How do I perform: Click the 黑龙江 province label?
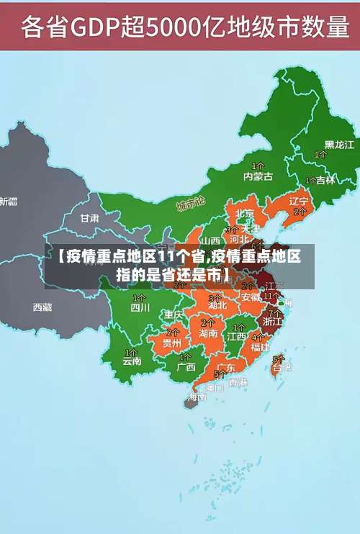pos(339,145)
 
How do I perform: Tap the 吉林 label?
pos(325,180)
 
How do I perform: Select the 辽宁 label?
pos(298,201)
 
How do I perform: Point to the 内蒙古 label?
pos(258,176)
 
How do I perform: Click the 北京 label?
pos(245,213)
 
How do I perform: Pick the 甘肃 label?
pos(90,217)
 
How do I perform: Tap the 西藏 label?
pos(42,307)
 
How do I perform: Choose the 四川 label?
pos(140,307)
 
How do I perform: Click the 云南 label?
pos(132,361)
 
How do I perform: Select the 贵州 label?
pos(171,343)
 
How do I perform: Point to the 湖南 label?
pos(209,333)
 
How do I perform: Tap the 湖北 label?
pos(217,305)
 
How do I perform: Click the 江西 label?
pos(237,336)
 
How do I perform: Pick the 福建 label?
pos(260,346)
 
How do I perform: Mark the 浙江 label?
pos(273,322)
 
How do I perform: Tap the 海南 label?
pos(197,397)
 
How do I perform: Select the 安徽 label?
pos(251,297)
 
